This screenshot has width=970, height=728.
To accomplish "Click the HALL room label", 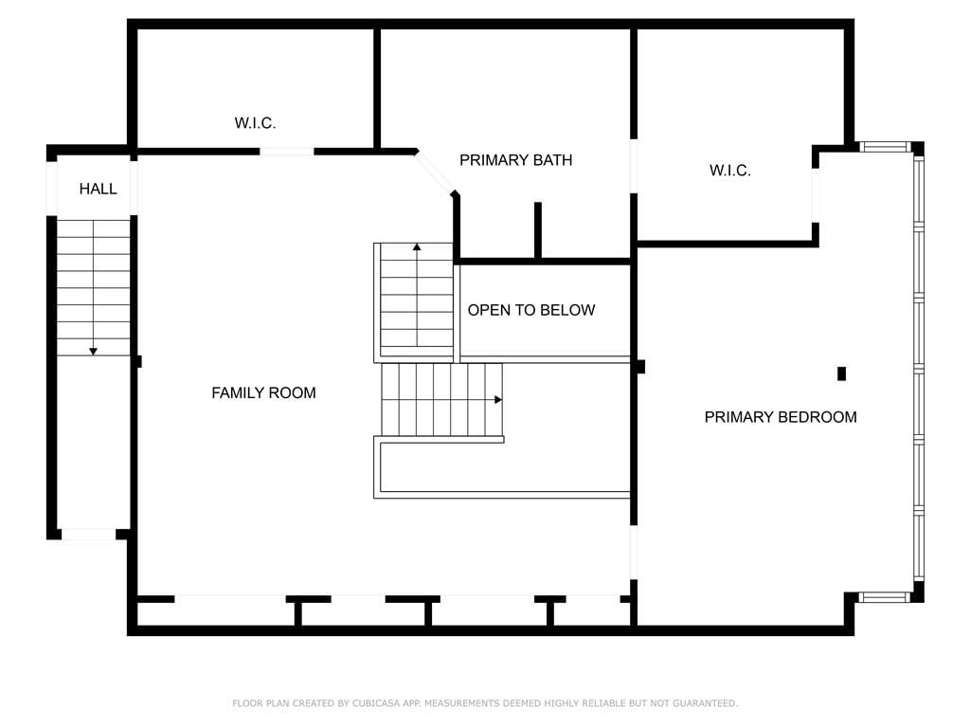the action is pos(98,189).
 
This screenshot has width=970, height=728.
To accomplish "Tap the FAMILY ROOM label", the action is pos(263,393).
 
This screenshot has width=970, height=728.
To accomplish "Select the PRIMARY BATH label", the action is pos(516,160).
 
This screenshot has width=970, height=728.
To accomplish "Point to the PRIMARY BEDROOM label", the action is pos(781,417).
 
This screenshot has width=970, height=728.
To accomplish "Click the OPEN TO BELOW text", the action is pos(531,310).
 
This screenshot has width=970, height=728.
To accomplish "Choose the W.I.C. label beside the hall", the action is pos(255,123).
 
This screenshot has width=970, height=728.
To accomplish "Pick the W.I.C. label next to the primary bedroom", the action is pos(730,171).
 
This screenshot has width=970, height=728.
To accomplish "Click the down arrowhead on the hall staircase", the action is pos(94,352).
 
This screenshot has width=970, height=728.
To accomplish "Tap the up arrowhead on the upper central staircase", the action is pos(417,247).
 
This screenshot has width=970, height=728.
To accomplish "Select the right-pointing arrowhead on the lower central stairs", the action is pos(498,400).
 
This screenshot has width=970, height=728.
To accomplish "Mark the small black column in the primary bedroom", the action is pos(841,373).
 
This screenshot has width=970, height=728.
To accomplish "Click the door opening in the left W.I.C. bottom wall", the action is pos(287,152).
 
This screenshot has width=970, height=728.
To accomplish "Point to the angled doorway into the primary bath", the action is pos(436,173).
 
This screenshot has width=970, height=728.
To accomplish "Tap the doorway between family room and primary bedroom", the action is pos(634,553).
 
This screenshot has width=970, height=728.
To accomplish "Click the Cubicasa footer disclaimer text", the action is pos(485,703).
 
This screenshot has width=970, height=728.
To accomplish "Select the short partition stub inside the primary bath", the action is pos(538,229).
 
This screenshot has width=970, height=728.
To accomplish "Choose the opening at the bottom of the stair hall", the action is pos(88,535).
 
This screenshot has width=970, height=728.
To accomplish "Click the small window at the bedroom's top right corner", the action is pos(886,147).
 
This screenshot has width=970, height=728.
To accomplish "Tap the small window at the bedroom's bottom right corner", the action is pos(886,597).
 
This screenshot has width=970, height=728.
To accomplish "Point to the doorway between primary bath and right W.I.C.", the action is pos(634,166).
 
